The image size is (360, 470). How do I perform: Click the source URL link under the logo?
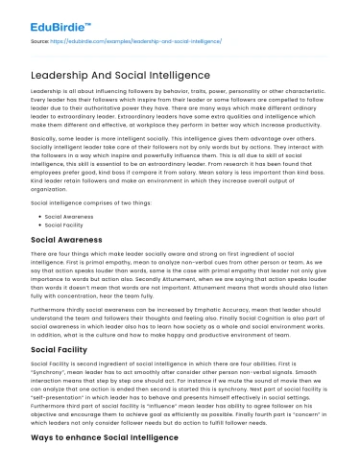tap(130, 42)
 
